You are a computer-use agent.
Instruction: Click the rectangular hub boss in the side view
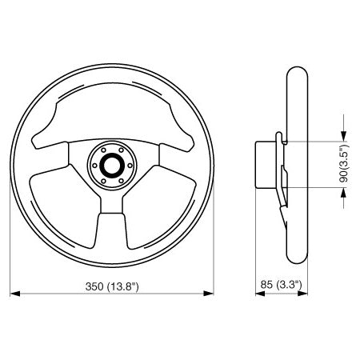point(265,164)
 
